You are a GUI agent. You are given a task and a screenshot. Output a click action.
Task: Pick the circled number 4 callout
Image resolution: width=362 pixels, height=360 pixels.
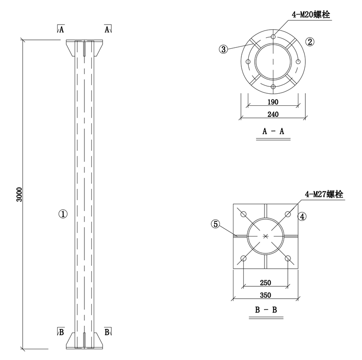[x=302, y=216]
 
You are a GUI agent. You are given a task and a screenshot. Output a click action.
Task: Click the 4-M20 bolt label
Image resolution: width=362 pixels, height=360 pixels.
[x=310, y=15]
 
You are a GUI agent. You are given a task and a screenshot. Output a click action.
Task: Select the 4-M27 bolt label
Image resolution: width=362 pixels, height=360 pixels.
[x=324, y=194]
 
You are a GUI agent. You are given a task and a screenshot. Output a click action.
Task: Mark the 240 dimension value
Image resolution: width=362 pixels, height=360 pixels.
[x=273, y=114]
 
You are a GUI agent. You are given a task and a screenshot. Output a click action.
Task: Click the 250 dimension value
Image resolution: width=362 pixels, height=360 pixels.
[x=265, y=283]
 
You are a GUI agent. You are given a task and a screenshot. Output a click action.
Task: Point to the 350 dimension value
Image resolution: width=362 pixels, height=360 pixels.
[x=265, y=295]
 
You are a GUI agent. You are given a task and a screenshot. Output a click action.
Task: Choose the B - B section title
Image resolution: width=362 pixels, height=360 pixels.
[x=266, y=310]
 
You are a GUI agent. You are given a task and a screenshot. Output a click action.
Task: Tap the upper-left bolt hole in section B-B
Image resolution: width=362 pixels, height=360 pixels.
[x=243, y=214]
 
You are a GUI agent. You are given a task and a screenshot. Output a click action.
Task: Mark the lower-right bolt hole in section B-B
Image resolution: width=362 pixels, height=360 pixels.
[x=288, y=258]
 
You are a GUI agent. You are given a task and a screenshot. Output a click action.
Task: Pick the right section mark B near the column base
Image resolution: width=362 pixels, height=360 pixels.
[x=107, y=331]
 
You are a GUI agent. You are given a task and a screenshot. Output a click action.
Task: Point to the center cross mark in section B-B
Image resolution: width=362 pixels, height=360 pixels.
[x=265, y=236]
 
